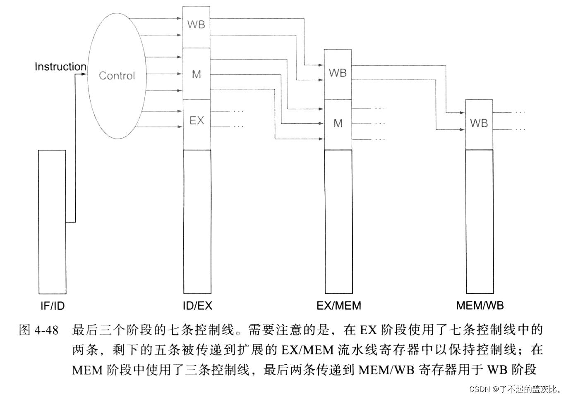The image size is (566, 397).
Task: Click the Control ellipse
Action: [x=117, y=76]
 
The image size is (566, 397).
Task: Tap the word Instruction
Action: [x=60, y=67]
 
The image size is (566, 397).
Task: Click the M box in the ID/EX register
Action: [x=197, y=74]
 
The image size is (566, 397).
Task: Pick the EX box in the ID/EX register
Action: [x=197, y=121]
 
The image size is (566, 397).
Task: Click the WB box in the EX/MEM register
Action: [x=338, y=74]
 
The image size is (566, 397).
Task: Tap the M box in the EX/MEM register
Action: [x=338, y=124]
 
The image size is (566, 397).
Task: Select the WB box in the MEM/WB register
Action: [x=479, y=123]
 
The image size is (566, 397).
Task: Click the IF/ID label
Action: [x=53, y=306]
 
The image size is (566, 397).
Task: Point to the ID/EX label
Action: [x=197, y=306]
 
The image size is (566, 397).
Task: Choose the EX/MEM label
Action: [x=338, y=306]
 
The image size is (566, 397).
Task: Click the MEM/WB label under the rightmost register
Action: [x=480, y=306]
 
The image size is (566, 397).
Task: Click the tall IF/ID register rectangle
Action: [x=52, y=222]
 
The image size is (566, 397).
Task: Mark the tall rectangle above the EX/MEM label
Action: [x=338, y=222]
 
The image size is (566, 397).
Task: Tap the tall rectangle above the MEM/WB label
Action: [x=480, y=222]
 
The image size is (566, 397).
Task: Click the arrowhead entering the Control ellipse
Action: [x=85, y=74]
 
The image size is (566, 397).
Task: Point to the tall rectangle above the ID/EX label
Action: [x=197, y=222]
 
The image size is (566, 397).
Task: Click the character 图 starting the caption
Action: [x=25, y=330]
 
